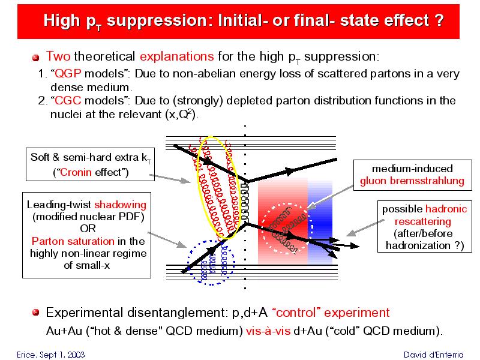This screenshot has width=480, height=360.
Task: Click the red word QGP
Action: [x=68, y=73]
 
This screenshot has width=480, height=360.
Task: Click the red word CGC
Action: [x=68, y=100]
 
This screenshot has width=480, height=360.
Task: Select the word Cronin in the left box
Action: [x=76, y=172]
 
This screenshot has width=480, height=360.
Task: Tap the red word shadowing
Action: [x=121, y=205]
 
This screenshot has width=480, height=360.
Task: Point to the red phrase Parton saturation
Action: [x=73, y=241]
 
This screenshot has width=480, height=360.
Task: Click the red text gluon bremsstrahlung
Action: [x=412, y=181]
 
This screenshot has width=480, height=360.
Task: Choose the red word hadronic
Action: [x=446, y=209]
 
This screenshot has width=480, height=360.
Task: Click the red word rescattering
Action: [x=423, y=221]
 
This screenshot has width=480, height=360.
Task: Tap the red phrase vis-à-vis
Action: [x=268, y=331]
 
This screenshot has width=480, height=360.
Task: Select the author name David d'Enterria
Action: [x=433, y=355]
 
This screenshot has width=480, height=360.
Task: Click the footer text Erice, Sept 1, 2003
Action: [x=51, y=355]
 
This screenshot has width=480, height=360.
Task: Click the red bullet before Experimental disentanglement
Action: [x=36, y=313]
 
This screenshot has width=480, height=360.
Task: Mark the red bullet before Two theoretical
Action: [x=36, y=58]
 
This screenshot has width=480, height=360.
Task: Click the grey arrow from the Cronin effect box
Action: [x=170, y=179]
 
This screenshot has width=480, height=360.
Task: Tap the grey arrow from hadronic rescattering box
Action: [x=365, y=228]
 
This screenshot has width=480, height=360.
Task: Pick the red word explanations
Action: [x=176, y=56]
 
